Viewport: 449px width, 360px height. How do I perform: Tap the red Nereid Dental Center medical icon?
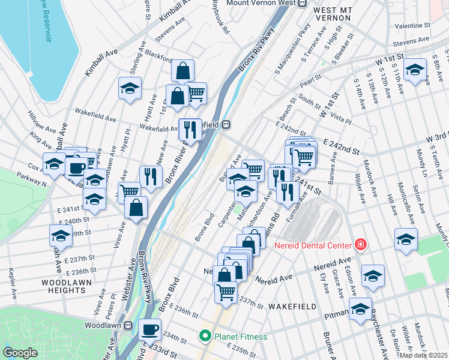pos(360,244)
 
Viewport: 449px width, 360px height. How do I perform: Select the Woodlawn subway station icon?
pos(128,325)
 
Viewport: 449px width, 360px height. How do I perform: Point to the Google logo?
pos(20,353)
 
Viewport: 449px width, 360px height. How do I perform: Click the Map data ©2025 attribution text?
pos(423,355)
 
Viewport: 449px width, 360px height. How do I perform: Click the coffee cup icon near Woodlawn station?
pos(150,329)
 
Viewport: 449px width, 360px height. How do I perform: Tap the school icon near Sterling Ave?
pos(130,88)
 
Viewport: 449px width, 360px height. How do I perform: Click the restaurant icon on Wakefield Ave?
pos(190,129)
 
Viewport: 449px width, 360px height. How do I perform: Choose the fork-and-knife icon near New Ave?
pos(151,176)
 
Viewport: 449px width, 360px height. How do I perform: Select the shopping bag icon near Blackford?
pos(182,70)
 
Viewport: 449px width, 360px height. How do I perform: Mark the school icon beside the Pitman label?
pos(360,309)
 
